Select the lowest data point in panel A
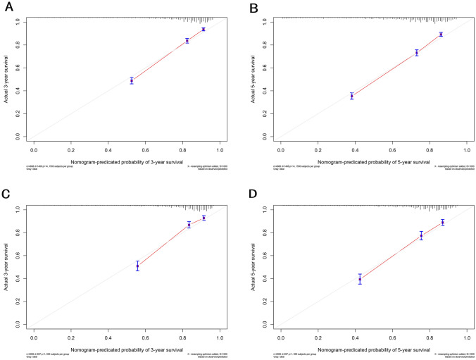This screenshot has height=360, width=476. tap(132, 81)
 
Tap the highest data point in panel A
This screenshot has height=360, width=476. tap(203, 30)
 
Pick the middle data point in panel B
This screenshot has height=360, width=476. tap(417, 53)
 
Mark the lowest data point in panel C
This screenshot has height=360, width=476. tap(138, 266)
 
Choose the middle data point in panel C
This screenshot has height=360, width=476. tap(189, 225)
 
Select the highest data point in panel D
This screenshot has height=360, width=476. tap(443, 223)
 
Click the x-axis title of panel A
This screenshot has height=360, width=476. tap(127, 161)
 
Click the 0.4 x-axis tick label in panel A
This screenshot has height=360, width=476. tap(108, 150)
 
